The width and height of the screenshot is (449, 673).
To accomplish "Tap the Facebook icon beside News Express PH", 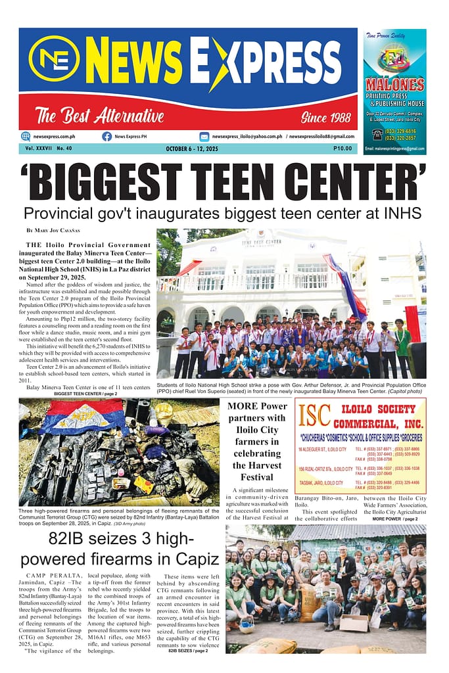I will click(106, 136).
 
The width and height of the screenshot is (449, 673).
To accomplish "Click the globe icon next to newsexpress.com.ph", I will click(26, 136).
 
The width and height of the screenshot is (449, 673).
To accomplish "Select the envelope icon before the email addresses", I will click(204, 136).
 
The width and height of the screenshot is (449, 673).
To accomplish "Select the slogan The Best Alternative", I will click(99, 116).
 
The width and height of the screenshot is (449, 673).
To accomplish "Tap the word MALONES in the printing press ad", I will click(394, 85).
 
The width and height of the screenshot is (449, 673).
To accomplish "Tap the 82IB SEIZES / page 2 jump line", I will click(189, 650).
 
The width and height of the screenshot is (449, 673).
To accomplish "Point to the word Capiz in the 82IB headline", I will click(189, 559).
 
